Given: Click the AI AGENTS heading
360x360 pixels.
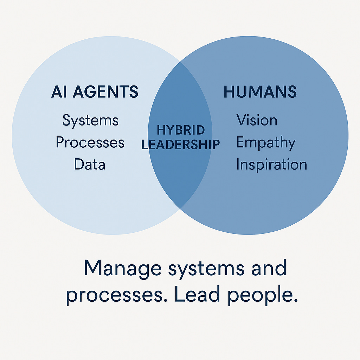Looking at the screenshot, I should click(95, 92).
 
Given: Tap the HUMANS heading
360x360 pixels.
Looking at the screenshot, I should click(260, 92).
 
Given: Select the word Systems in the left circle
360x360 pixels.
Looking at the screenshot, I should click(90, 121).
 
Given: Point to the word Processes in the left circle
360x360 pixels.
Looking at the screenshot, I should click(90, 142).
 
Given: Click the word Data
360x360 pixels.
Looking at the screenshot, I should click(90, 164).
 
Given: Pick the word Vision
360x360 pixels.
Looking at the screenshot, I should click(257, 120).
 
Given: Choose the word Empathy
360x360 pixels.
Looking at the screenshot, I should click(265, 143).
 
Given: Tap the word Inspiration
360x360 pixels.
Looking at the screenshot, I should click(271, 165).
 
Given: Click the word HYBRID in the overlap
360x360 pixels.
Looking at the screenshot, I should click(181, 130).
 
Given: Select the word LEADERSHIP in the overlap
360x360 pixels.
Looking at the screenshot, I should click(181, 144).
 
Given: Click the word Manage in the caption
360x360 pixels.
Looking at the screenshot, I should click(123, 269).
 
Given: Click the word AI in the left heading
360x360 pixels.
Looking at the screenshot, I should click(59, 92).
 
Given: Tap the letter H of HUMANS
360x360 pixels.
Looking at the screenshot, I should click(229, 92).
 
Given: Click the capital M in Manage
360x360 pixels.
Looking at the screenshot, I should click(93, 269).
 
